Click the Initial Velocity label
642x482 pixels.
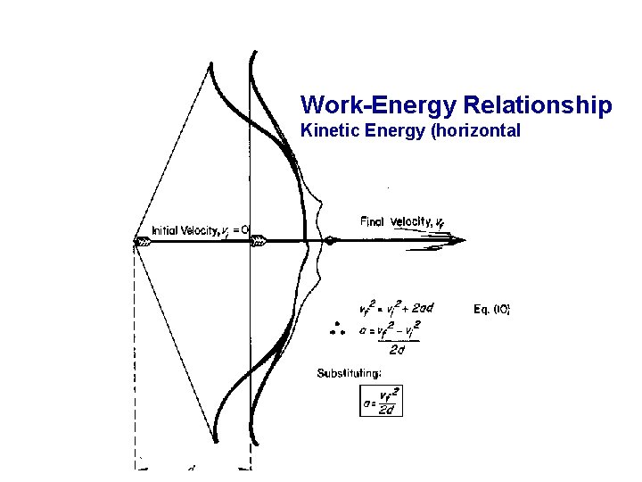point(199,229)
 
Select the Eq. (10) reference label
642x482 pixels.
point(491,309)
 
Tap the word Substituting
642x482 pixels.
point(350,373)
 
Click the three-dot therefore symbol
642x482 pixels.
point(337,328)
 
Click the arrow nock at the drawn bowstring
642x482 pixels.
point(143,240)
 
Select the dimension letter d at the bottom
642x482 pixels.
point(192,467)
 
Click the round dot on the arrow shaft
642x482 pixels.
point(330,240)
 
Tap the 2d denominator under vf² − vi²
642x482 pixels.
point(397,349)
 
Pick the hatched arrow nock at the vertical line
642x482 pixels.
point(259,240)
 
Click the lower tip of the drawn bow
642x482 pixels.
point(217,440)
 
